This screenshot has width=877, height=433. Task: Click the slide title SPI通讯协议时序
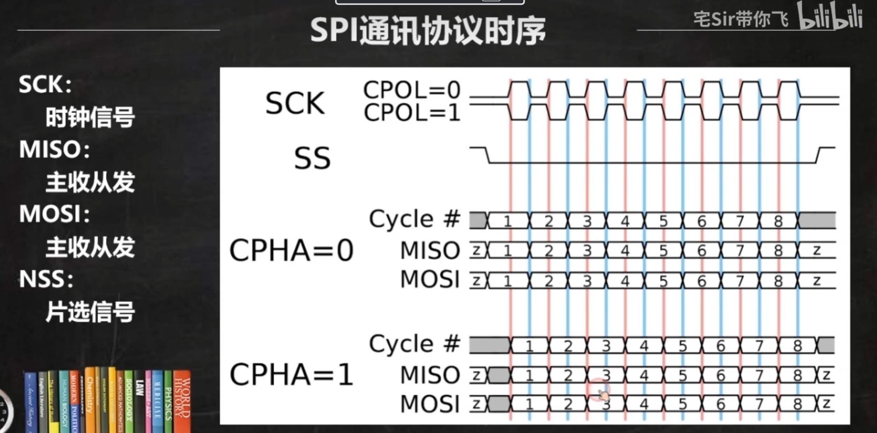pyautogui.click(x=428, y=31)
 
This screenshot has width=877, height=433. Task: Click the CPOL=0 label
pyautogui.click(x=412, y=90)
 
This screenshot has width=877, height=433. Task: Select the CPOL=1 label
pyautogui.click(x=412, y=113)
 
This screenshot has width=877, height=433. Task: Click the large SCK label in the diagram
pyautogui.click(x=295, y=103)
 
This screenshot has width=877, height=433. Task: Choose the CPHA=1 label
pyautogui.click(x=291, y=375)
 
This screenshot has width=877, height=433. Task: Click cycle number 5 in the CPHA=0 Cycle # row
pyautogui.click(x=663, y=221)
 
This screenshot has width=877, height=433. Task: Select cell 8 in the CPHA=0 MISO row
pyautogui.click(x=778, y=251)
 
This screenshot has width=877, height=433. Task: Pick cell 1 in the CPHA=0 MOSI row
pyautogui.click(x=508, y=281)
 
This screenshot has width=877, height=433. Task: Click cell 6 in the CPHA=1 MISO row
pyautogui.click(x=721, y=375)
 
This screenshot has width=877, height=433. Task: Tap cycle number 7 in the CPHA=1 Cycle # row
pyautogui.click(x=759, y=346)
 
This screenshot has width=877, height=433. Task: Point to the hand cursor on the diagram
pyautogui.click(x=603, y=395)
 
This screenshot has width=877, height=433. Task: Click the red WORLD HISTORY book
pyautogui.click(x=182, y=400)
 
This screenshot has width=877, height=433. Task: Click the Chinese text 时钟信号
pyautogui.click(x=90, y=117)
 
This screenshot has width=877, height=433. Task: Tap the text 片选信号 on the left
pyautogui.click(x=90, y=312)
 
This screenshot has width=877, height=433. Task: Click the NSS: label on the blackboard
pyautogui.click(x=46, y=279)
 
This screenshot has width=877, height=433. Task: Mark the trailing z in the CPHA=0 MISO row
pyautogui.click(x=817, y=251)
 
